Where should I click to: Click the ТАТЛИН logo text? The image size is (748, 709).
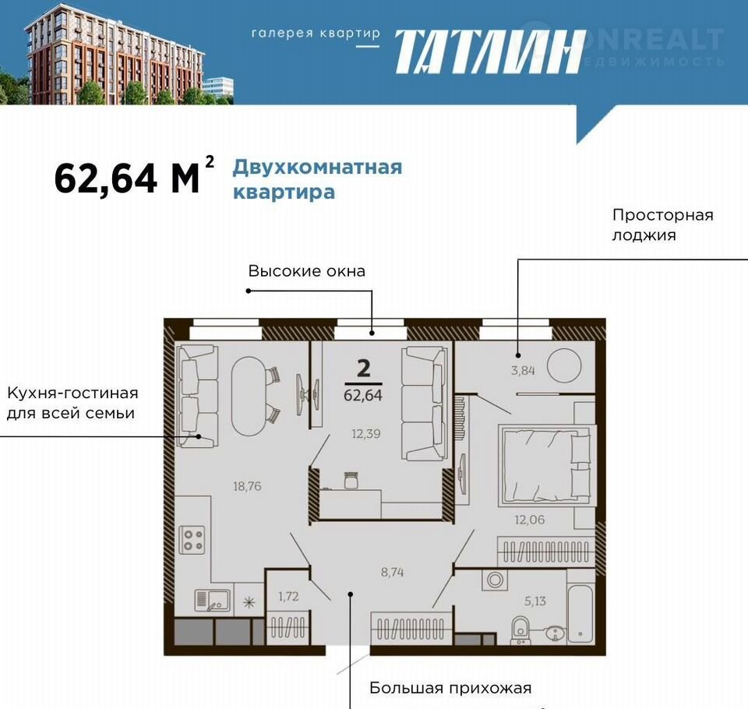[490, 52]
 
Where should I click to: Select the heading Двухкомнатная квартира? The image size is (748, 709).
[317, 180]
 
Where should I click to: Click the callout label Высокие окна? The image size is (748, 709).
[307, 271]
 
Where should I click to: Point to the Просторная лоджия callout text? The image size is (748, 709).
[663, 224]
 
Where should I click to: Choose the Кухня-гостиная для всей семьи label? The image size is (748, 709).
[72, 403]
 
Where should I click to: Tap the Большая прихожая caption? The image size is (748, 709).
[450, 688]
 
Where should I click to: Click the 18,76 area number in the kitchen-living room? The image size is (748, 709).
[247, 486]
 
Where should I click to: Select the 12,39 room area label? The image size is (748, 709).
[366, 434]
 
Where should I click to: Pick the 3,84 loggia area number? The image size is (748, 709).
[523, 370]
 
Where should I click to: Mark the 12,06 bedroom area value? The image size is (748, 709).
[530, 520]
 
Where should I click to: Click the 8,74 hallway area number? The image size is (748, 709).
[392, 572]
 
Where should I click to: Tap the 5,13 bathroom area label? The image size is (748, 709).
[535, 601]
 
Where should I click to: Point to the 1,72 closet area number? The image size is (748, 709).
[288, 596]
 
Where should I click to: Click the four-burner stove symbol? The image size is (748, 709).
[192, 540]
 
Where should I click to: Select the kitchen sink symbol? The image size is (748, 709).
[212, 601]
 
